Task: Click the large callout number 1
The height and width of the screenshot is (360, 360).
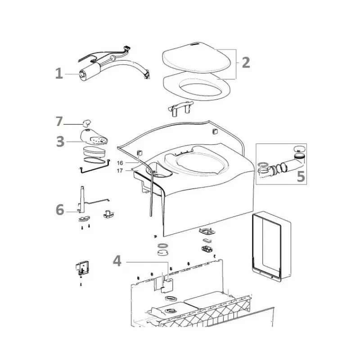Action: point(59,74)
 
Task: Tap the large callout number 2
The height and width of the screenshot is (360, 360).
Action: point(246,63)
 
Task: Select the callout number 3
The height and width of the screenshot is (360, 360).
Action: point(60,141)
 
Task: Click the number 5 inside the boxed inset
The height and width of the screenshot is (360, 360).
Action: point(301,176)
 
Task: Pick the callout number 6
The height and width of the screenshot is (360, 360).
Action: point(60,210)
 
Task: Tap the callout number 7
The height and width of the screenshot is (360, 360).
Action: point(59,121)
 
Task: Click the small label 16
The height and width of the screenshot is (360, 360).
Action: point(120,163)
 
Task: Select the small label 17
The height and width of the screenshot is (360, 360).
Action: point(120,171)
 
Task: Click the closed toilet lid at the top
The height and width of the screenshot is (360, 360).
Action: point(196,57)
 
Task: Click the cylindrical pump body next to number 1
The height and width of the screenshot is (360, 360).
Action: point(90,71)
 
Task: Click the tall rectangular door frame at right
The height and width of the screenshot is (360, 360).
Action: point(271,246)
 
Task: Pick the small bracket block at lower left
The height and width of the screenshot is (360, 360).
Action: point(82,268)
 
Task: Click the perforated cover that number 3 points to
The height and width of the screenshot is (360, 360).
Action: point(94,137)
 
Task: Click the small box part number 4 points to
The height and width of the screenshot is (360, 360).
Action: point(167,286)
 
